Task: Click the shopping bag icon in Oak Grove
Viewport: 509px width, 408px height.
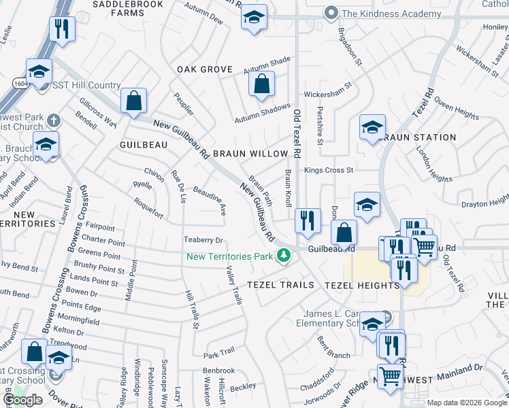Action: [x=261, y=86]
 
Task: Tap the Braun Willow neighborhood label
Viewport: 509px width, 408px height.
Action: [x=250, y=154]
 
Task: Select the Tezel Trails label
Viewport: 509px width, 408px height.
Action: [x=280, y=285]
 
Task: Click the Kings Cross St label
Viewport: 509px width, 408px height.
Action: [x=329, y=170]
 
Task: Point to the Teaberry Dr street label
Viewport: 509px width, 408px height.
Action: [x=203, y=240]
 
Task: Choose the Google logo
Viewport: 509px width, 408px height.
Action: [x=23, y=400]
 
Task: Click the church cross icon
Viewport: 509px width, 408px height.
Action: [x=54, y=120]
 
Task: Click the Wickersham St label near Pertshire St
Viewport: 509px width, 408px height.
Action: [x=328, y=90]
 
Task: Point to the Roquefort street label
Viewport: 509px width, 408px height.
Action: [x=148, y=208]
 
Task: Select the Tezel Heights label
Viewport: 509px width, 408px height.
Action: [x=362, y=285]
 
